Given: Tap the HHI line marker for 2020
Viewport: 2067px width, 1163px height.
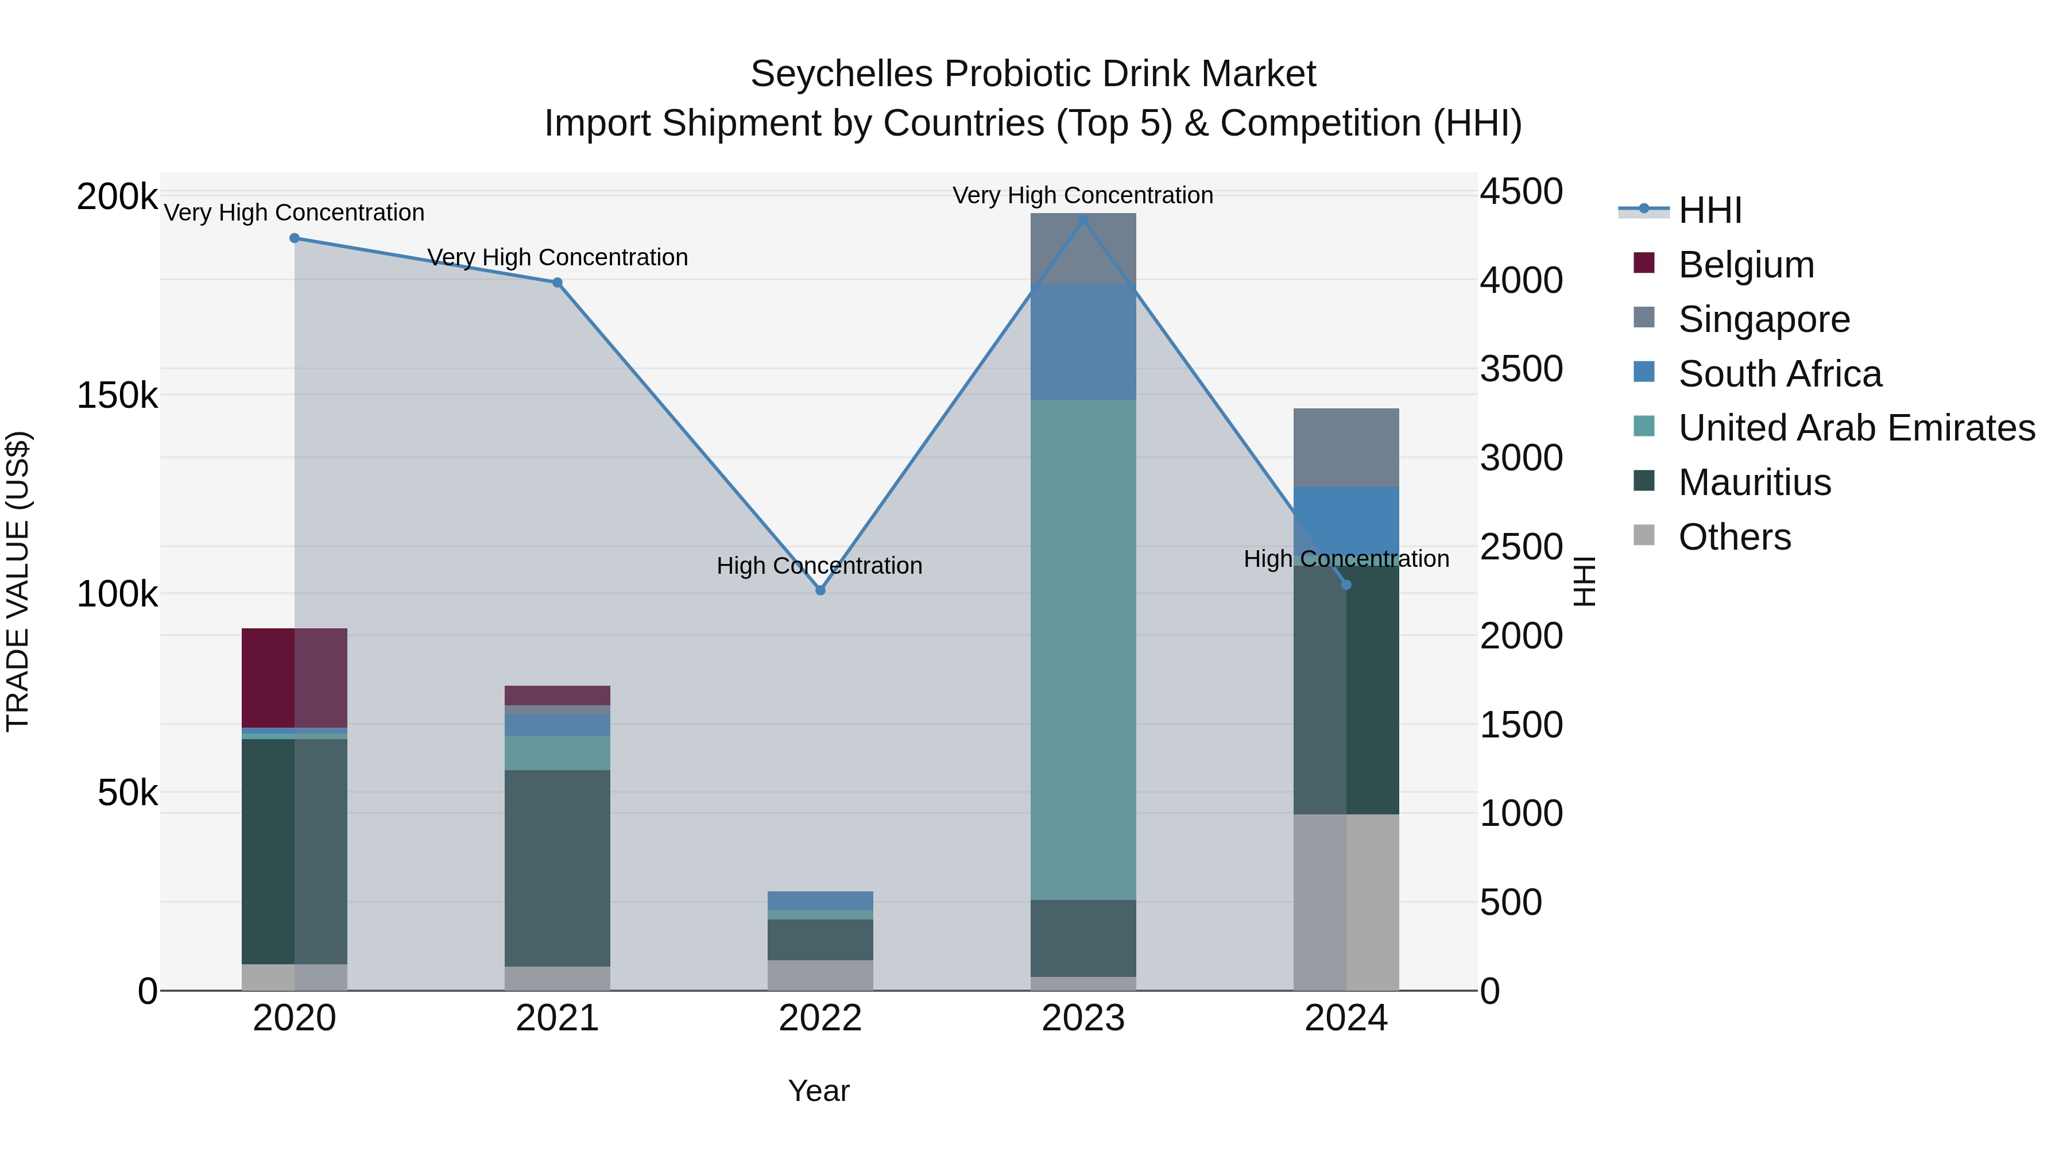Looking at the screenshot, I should (x=295, y=238).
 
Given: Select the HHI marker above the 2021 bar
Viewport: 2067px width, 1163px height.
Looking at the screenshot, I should (x=558, y=283).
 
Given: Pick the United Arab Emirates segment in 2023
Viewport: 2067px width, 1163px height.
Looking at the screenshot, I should (x=1083, y=650).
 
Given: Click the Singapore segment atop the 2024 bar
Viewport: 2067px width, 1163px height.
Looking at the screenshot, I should (x=1346, y=448).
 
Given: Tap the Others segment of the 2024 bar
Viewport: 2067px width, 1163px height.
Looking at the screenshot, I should (x=1346, y=902).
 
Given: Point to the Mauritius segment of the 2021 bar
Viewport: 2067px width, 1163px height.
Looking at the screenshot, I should (x=558, y=868).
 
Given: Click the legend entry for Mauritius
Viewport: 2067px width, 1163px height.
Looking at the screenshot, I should (x=1754, y=483).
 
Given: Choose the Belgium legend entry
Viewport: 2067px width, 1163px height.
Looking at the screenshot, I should (x=1745, y=265).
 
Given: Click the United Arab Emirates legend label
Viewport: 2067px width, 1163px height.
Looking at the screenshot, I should (x=1856, y=428).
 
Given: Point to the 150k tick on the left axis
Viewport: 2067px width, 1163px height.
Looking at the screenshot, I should (x=117, y=396).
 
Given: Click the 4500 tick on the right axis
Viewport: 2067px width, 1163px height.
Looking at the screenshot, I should (x=1520, y=192).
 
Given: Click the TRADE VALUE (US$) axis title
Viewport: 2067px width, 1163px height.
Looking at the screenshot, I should (x=18, y=582).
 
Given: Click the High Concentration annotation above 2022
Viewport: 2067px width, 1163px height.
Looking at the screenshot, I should (x=819, y=566).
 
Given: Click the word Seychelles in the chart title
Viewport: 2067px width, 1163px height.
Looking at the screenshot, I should (x=841, y=75).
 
